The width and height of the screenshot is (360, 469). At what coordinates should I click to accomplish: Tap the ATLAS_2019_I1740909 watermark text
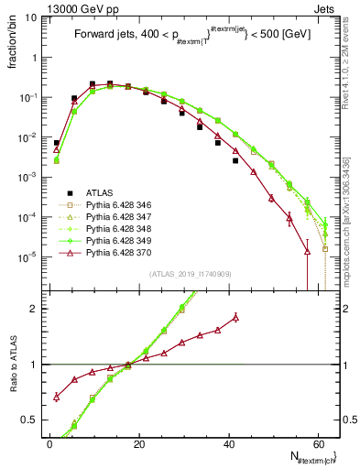[191, 275]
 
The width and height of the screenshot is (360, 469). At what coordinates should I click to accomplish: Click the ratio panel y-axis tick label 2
[37, 308]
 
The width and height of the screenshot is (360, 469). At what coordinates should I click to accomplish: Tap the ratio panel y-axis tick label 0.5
[33, 420]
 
